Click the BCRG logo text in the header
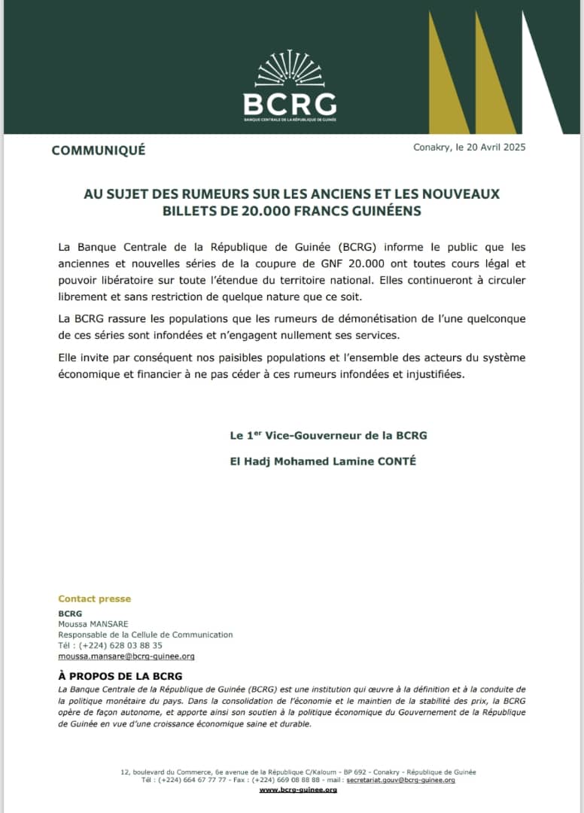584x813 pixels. click(x=290, y=102)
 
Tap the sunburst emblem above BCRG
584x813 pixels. click(x=290, y=69)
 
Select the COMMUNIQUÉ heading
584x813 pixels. click(x=99, y=150)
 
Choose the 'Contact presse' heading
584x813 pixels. click(x=95, y=599)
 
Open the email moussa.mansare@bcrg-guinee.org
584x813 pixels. click(x=126, y=656)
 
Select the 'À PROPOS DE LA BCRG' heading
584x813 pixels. click(x=120, y=676)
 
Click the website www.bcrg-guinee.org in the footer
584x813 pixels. click(x=298, y=789)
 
